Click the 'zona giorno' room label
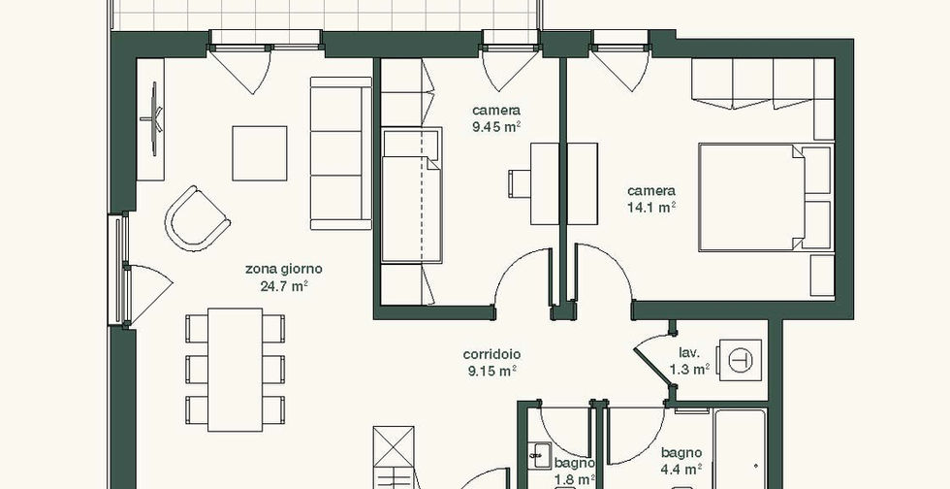283,269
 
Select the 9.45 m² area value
496,127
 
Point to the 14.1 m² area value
651,208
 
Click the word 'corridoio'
491,354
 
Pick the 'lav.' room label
689,353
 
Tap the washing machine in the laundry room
739,360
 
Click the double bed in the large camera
766,197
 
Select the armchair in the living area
197,218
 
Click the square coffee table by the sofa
260,153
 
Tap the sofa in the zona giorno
340,153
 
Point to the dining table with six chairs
235,370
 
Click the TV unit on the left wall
150,119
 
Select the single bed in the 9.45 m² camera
411,195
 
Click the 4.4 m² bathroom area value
681,469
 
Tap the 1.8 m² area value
574,479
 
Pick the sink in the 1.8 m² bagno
539,455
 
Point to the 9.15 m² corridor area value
491,372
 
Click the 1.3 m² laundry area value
689,370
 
